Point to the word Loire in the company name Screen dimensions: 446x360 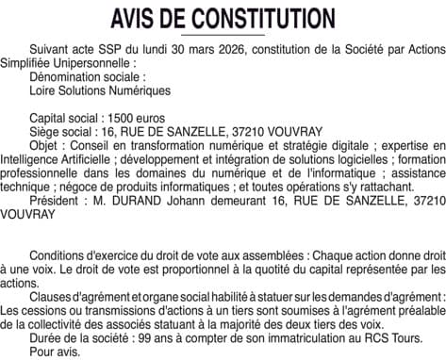tap(45, 91)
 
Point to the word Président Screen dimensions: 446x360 tap(55, 200)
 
